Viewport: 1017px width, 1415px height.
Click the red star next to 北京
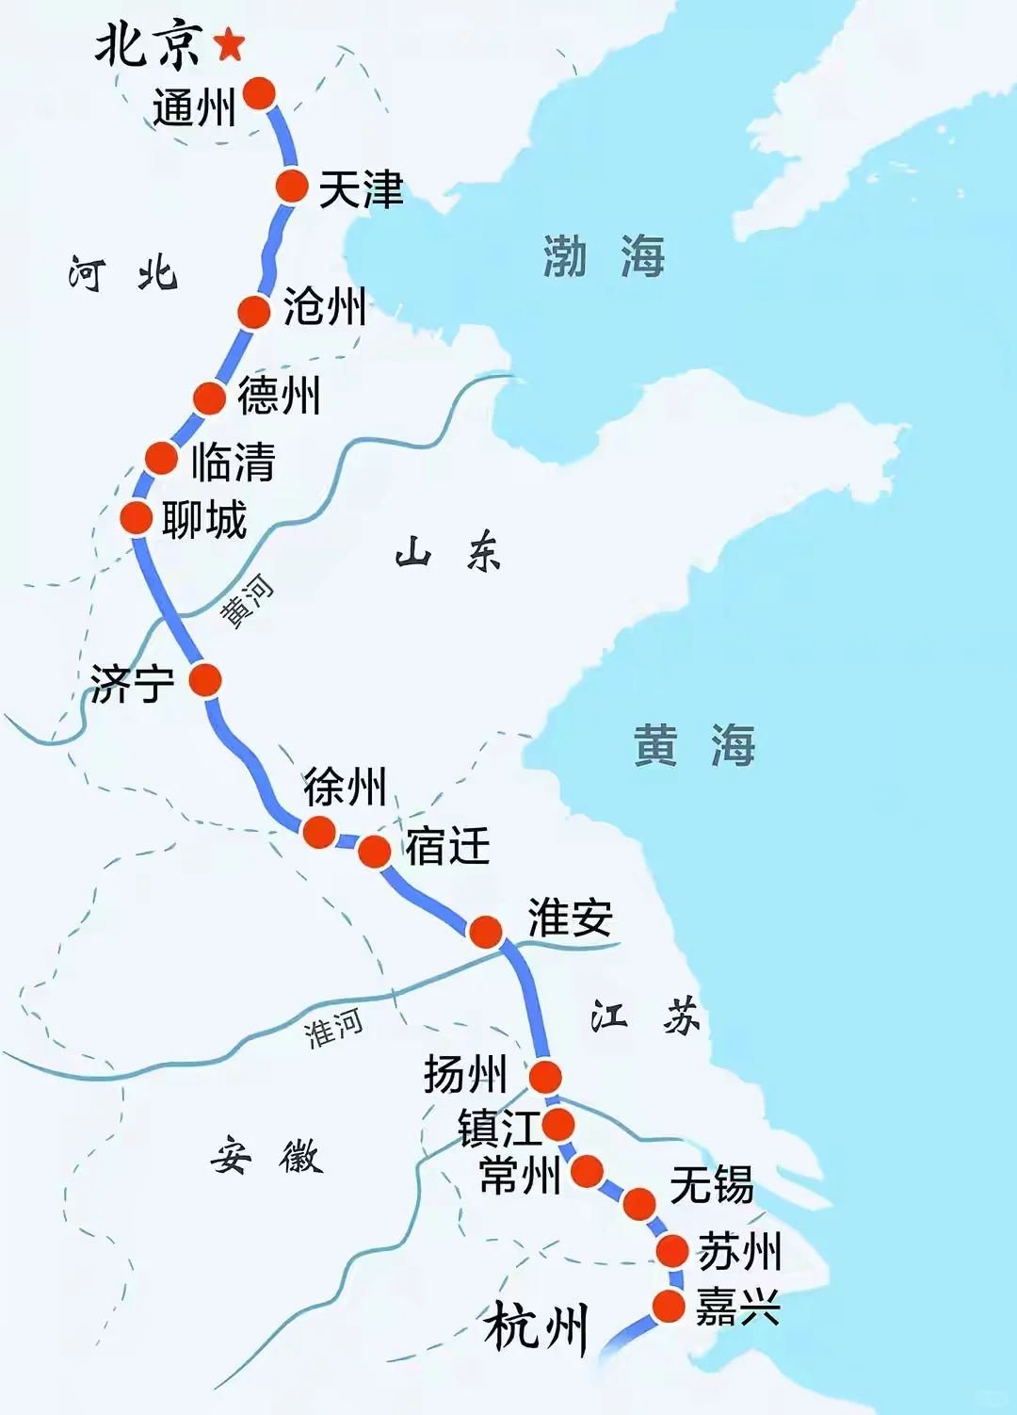click(229, 43)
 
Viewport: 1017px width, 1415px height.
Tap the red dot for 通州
click(259, 93)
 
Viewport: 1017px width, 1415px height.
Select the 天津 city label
click(361, 189)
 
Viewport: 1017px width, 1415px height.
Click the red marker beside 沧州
click(254, 312)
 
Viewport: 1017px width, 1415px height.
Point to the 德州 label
click(279, 395)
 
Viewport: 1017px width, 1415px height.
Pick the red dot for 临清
click(162, 459)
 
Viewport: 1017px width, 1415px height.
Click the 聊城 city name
click(204, 519)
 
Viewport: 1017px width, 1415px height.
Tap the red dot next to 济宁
click(205, 679)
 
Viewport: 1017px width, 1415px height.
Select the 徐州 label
click(345, 786)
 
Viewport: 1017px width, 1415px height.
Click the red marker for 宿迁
click(374, 851)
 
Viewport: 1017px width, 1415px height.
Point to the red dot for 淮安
click(486, 932)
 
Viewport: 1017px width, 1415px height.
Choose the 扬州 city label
click(465, 1073)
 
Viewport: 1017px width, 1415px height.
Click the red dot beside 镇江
click(558, 1124)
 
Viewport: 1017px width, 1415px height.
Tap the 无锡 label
click(712, 1184)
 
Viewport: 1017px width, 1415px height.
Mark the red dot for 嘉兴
click(669, 1307)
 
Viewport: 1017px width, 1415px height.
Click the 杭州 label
click(536, 1326)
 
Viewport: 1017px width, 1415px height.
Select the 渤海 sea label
click(604, 256)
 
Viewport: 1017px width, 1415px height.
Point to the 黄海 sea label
click(694, 745)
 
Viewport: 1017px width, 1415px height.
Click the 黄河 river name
click(247, 600)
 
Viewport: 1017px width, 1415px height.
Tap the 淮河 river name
click(333, 1028)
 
